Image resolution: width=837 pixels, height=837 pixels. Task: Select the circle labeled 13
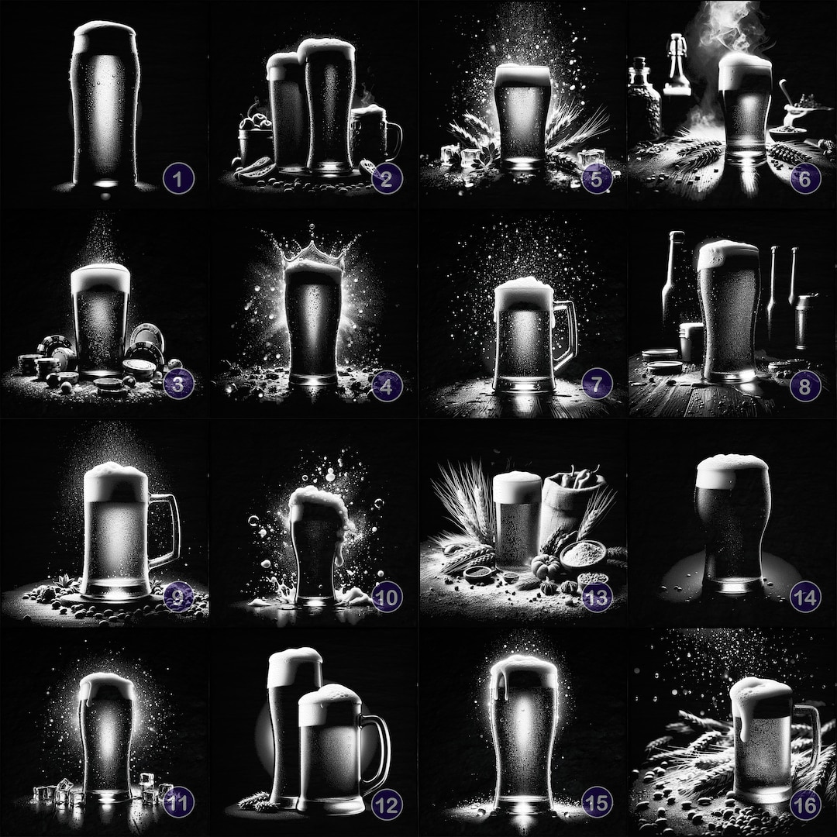pyautogui.click(x=596, y=597)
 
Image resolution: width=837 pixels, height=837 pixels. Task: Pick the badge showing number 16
pyautogui.click(x=805, y=805)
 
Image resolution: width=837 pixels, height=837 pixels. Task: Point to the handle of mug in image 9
pyautogui.click(x=167, y=532)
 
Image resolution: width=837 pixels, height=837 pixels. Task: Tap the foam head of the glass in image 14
pyautogui.click(x=731, y=470)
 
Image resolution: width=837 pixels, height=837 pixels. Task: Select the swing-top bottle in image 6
pyautogui.click(x=677, y=66)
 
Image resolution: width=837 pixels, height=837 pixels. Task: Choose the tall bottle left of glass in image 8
pyautogui.click(x=673, y=279)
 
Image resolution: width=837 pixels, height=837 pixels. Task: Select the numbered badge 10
pyautogui.click(x=387, y=597)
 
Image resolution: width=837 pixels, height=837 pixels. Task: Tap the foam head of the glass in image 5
pyautogui.click(x=523, y=74)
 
